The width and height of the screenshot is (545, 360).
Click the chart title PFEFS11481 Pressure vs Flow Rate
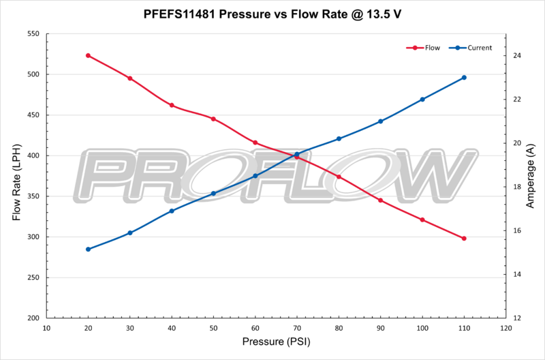pos(272,13)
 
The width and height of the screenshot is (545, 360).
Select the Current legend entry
pos(473,48)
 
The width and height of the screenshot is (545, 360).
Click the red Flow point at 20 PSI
pos(89,55)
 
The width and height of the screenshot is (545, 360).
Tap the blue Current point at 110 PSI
pos(464,78)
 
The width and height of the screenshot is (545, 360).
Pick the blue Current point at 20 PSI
pos(89,249)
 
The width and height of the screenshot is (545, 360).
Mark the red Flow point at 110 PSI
pos(464,239)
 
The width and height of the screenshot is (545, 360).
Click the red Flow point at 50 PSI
pos(213,119)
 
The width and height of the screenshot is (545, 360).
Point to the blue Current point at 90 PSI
pos(381,121)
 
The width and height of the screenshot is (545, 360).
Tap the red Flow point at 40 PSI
pos(172,105)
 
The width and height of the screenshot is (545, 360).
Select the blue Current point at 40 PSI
pos(172,211)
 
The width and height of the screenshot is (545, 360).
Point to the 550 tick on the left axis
pos(31,34)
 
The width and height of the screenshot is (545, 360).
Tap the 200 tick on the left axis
pos(31,318)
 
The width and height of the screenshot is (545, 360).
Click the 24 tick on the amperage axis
pos(517,56)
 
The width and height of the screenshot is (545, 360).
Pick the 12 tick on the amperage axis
pos(517,318)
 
